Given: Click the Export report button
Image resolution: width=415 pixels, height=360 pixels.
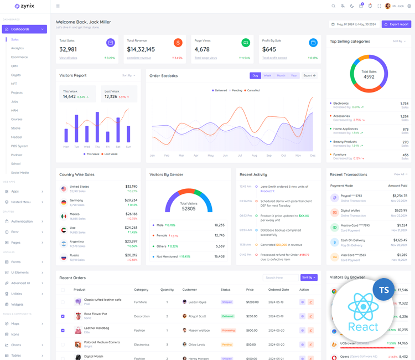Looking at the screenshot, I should tap(396, 24).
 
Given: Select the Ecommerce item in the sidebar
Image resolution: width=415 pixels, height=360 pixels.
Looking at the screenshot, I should tap(19, 57).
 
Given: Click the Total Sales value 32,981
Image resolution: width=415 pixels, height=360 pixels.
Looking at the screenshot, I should tap(68, 49).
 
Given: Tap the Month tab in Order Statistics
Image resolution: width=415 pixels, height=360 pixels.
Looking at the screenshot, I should tap(281, 75).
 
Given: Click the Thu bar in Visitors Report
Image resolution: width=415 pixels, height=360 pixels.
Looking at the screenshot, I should tap(97, 128).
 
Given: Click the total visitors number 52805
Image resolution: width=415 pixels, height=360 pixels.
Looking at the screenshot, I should tap(189, 209).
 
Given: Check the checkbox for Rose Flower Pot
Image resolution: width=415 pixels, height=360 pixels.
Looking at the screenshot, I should tap(63, 316).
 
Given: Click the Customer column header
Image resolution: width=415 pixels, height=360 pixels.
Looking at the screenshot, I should tap(190, 290).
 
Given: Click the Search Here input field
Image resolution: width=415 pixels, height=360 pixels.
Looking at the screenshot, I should tap(281, 277).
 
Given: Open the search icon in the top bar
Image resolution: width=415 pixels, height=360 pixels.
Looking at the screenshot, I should tap(333, 6).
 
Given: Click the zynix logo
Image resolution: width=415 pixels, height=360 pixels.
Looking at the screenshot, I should tap(24, 6).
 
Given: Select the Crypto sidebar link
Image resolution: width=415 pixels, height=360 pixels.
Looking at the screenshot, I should tap(16, 75).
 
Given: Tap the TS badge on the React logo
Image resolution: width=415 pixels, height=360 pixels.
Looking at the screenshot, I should tap(383, 290).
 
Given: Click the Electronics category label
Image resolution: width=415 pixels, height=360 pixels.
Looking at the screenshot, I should tap(341, 104).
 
